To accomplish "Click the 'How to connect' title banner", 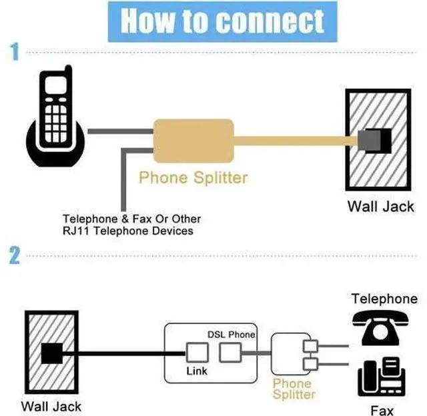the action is tap(222, 21).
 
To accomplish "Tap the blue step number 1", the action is tap(15, 51).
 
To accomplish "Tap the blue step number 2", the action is tap(15, 255).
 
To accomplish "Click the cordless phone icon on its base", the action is tap(55, 116).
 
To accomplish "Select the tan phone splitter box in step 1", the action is tap(193, 141).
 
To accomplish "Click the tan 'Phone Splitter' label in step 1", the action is tap(193, 177).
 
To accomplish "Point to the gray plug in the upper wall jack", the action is tap(369, 141).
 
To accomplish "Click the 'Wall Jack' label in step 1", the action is tap(381, 207).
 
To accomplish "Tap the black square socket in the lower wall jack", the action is tap(52, 353).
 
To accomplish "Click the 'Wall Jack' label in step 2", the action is tap(51, 407).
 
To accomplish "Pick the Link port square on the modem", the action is tap(197, 353).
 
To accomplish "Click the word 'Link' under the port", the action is tap(197, 371).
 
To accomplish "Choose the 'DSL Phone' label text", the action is tap(232, 335).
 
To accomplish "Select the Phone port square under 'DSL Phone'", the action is tap(230, 353).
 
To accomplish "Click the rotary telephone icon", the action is tap(380, 328).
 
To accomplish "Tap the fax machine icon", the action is tap(382, 377).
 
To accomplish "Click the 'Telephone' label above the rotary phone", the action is tap(384, 299).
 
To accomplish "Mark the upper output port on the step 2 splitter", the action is tap(310, 347).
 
